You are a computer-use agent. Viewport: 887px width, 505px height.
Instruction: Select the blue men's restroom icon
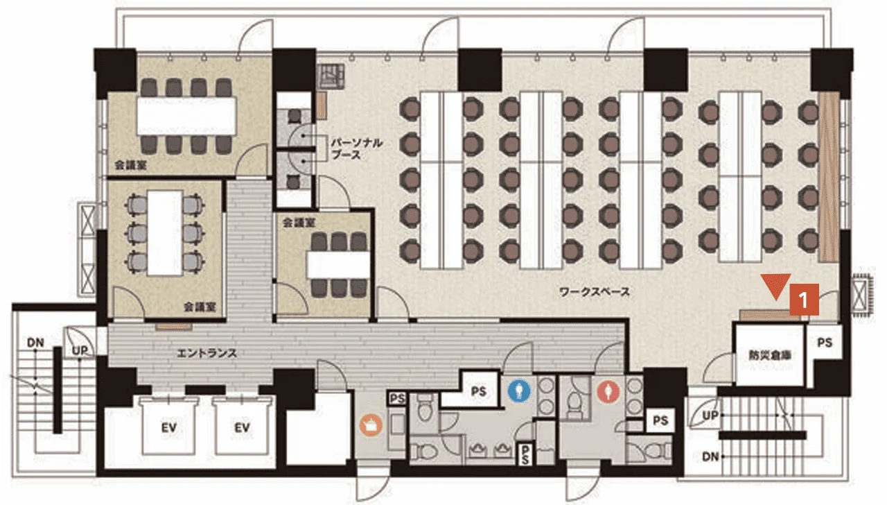(519, 391)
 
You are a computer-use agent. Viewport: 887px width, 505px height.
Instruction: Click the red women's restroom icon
(608, 392)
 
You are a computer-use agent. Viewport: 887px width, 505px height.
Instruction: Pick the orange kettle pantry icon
(371, 425)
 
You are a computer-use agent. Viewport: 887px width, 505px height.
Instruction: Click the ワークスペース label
(595, 292)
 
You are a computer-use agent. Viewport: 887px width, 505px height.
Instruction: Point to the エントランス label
(207, 353)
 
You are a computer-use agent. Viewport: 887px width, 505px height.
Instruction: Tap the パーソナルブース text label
(356, 148)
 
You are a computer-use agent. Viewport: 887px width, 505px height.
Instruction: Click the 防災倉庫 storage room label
(769, 355)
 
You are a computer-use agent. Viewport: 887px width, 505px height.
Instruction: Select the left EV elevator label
(168, 428)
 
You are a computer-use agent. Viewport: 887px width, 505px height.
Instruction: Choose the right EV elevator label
(242, 428)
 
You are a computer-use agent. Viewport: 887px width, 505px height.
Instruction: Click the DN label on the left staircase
(35, 343)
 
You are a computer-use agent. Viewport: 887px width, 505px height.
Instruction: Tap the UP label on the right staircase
(710, 416)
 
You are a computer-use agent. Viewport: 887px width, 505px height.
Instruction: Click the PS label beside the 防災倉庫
(825, 343)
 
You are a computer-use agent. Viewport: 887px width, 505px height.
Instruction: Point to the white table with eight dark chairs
(186, 116)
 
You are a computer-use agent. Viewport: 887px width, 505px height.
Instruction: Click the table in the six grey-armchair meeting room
(165, 233)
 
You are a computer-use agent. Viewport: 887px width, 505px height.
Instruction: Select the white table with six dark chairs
(338, 265)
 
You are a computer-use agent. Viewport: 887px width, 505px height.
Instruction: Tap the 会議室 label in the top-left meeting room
(131, 165)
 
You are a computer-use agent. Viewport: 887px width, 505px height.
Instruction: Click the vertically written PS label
(525, 454)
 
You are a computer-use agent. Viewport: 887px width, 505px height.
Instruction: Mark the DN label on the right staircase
(710, 456)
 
